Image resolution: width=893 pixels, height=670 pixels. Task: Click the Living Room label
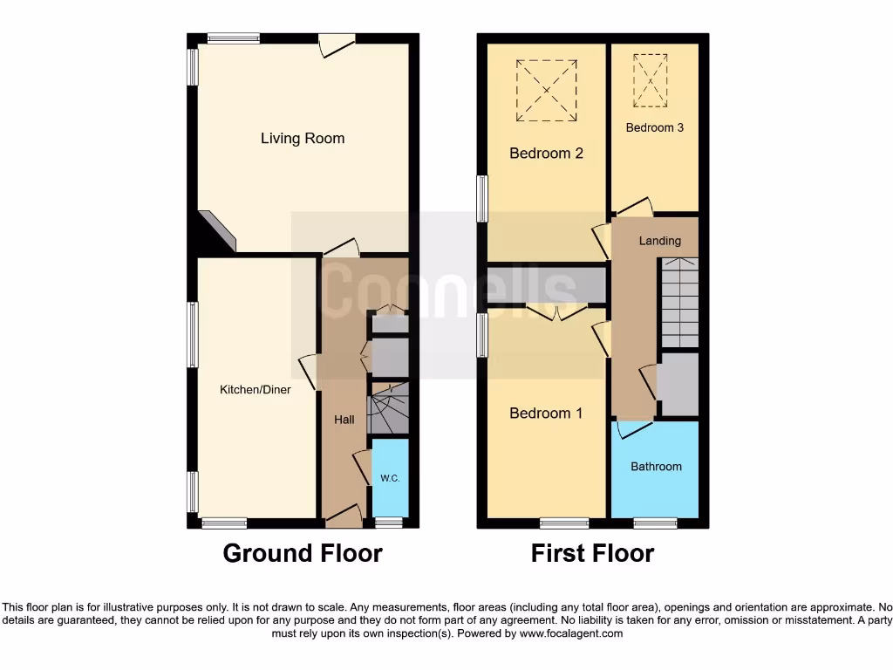[x=303, y=138]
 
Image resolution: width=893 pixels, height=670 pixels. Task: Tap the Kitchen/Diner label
[x=255, y=390]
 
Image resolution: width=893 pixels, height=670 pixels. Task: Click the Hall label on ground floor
[x=344, y=420]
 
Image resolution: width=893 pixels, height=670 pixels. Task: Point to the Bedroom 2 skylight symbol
[x=546, y=91]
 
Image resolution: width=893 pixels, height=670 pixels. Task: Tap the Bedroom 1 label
[x=546, y=413]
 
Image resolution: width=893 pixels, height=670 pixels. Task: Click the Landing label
[x=659, y=241]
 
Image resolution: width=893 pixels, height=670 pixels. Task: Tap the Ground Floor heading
[x=303, y=553]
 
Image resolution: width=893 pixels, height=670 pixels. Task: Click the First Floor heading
[x=592, y=553]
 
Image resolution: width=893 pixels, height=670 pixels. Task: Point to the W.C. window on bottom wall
[x=389, y=523]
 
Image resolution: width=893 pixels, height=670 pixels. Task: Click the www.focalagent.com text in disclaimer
[x=571, y=634]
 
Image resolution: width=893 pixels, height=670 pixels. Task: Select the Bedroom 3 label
[x=654, y=127]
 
